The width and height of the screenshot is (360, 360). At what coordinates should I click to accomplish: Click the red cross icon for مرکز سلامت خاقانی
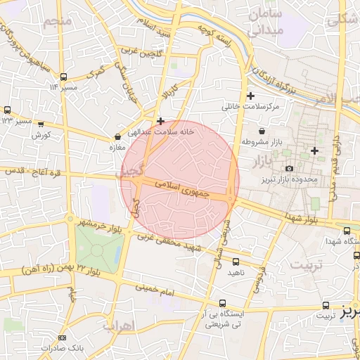tap(250, 96)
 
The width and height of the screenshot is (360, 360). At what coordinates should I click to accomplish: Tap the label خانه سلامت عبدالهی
tap(160, 131)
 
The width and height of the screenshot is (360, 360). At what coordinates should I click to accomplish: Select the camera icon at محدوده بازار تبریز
tap(289, 168)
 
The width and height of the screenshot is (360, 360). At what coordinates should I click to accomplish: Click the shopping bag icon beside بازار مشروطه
tap(262, 131)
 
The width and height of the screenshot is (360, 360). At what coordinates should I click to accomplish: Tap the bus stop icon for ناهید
tap(236, 262)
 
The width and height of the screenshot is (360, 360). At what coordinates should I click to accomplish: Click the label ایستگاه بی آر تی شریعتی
tap(224, 319)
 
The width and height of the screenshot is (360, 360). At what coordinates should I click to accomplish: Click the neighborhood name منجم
tap(58, 21)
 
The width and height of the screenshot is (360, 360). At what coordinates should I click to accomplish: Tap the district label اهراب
tap(117, 326)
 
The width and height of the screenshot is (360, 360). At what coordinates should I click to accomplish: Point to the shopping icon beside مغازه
tap(117, 137)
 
